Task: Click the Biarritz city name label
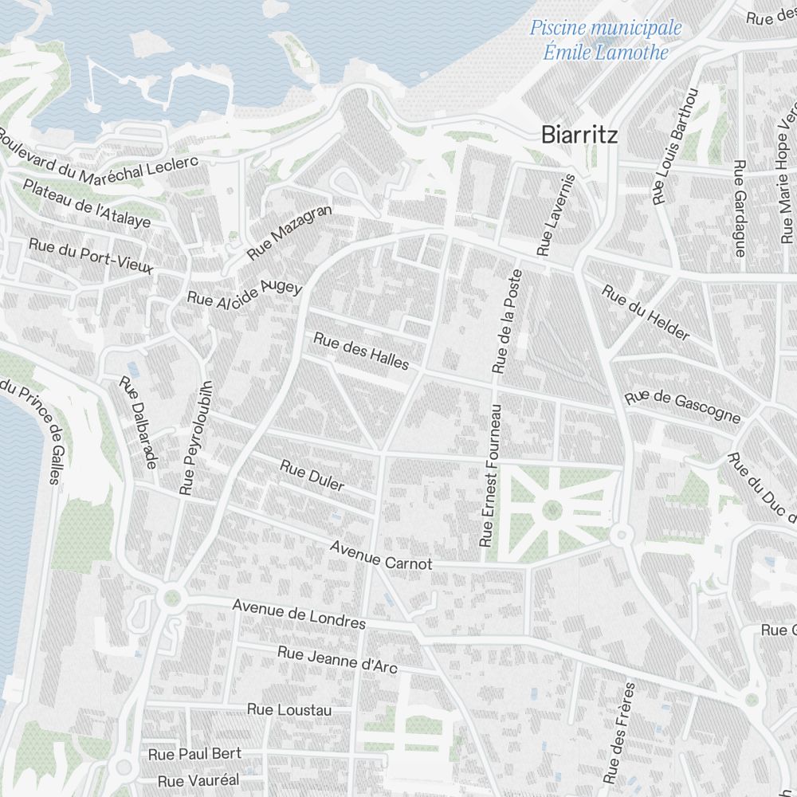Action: (579, 134)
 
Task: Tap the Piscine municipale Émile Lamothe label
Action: (606, 40)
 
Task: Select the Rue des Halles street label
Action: (361, 351)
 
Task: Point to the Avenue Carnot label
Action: (381, 556)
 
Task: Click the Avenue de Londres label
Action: (299, 614)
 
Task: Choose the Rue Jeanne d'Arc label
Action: (337, 659)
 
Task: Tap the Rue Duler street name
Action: (312, 475)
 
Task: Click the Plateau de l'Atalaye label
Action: (87, 204)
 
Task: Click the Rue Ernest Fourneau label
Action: (491, 476)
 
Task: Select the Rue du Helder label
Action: (646, 312)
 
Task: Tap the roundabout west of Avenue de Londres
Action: (171, 597)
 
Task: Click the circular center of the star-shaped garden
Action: (552, 508)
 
